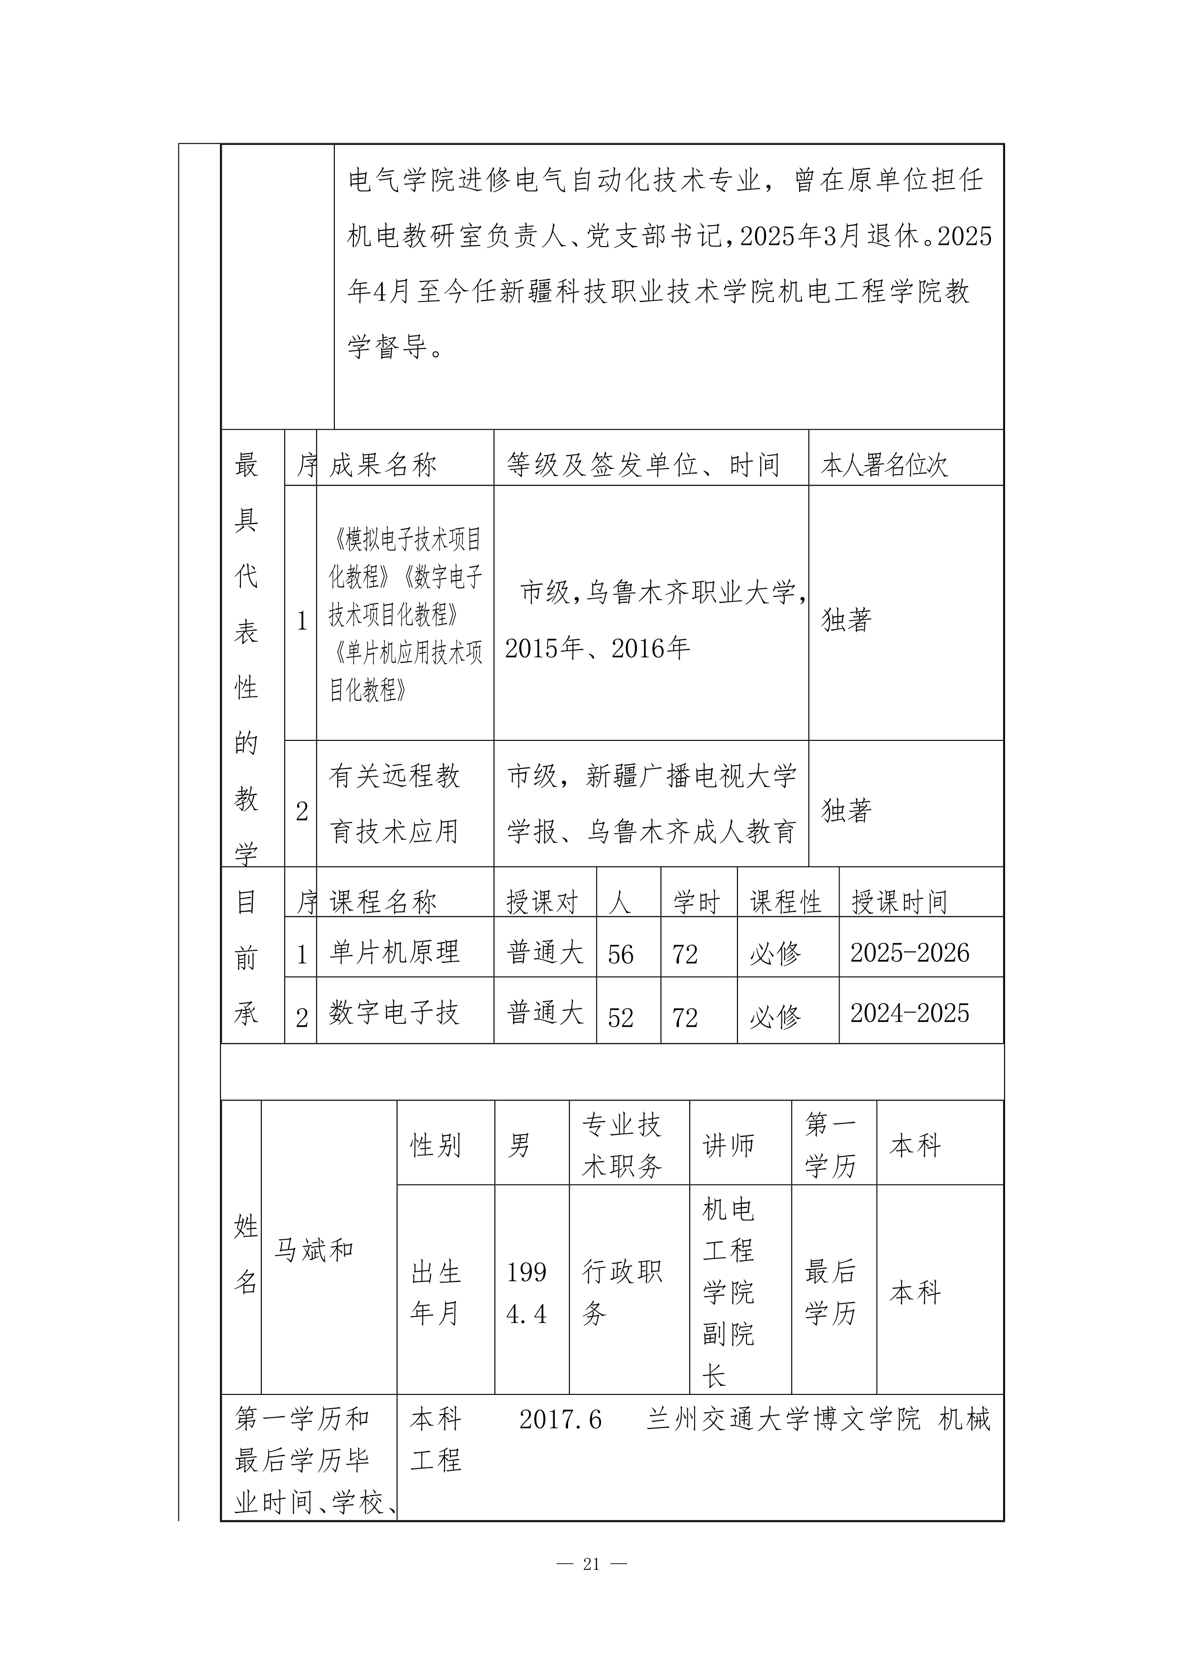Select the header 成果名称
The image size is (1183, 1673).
point(383,465)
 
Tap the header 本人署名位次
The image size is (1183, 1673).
point(884,465)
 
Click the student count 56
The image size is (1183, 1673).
point(621,954)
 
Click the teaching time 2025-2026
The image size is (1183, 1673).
point(910,952)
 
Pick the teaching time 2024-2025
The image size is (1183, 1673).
point(910,1013)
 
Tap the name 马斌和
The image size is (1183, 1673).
point(314,1250)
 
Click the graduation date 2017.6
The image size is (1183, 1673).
point(560,1419)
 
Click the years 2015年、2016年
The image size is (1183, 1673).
point(597,648)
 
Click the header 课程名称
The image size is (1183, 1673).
point(383,902)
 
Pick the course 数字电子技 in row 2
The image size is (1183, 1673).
point(394,1012)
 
